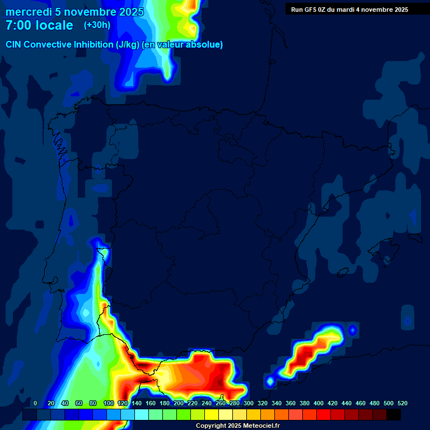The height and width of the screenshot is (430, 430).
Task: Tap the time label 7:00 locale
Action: [x=39, y=25]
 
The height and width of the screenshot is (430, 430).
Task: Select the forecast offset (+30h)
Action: [x=97, y=25]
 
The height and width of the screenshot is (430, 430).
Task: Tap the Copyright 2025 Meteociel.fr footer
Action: [x=237, y=426]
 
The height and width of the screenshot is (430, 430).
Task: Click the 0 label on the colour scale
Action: [x=35, y=403]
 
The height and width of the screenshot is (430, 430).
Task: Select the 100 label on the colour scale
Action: [x=109, y=403]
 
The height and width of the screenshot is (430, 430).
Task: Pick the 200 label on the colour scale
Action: [x=179, y=403]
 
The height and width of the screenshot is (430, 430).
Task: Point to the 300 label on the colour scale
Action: [x=249, y=403]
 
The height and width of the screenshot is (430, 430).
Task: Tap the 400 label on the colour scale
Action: [x=319, y=403]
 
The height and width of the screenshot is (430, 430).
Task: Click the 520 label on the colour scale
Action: [x=402, y=403]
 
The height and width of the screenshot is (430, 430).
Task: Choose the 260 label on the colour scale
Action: [x=221, y=403]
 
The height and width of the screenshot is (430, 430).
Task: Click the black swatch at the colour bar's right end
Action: [x=394, y=415]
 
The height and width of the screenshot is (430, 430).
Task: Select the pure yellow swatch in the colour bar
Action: [x=212, y=415]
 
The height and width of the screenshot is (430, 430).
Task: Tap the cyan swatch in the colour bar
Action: [x=142, y=415]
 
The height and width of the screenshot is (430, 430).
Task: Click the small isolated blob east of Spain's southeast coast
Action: [x=352, y=330]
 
